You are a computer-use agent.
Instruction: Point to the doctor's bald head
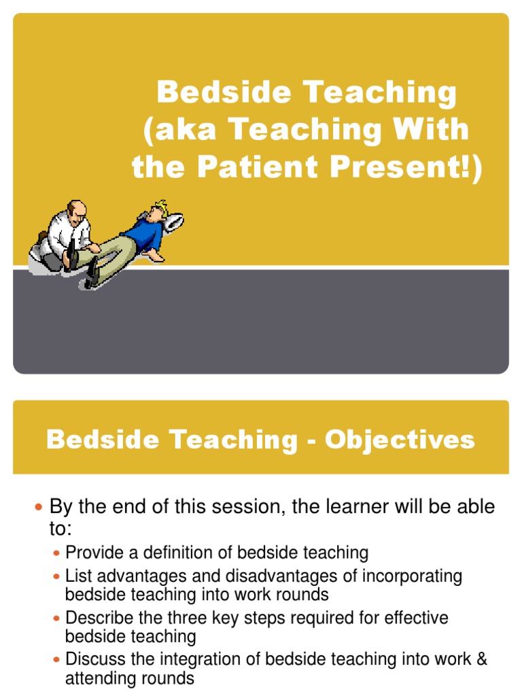point(77,209)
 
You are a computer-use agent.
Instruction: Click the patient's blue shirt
point(145,234)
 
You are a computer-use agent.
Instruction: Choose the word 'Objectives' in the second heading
point(400,440)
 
